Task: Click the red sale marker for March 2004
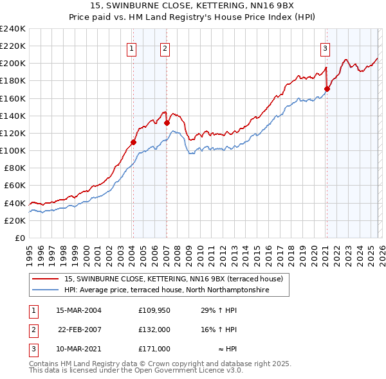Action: (133, 142)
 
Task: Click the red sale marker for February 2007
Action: (167, 123)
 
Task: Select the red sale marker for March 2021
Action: (327, 89)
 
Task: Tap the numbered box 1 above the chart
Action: (131, 48)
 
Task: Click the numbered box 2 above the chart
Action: (165, 48)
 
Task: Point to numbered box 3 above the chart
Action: (326, 48)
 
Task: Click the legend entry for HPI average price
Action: (166, 290)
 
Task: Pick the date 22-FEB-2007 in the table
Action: (80, 330)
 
